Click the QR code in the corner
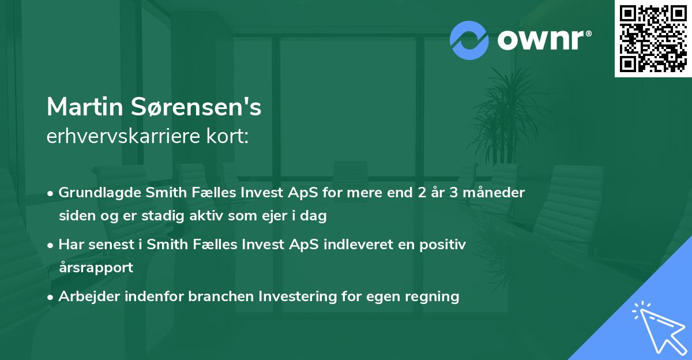653,39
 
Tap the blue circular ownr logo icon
469,40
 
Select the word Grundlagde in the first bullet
95,193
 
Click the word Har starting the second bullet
70,245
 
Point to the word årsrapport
96,268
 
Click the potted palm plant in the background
507,115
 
